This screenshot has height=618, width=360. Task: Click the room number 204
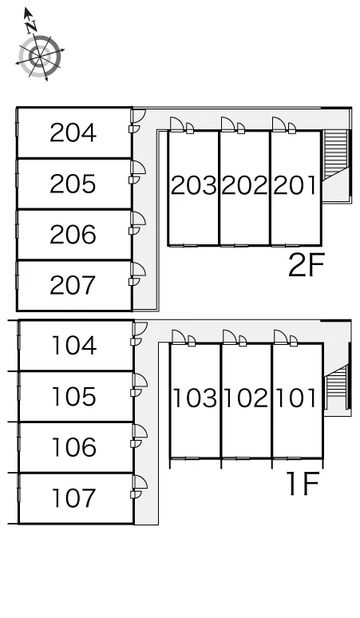(73, 133)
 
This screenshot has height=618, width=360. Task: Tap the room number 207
(73, 285)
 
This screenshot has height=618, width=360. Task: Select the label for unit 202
(244, 185)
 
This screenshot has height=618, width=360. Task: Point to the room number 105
(74, 397)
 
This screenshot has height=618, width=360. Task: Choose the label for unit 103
(195, 398)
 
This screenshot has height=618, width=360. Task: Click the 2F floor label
(306, 265)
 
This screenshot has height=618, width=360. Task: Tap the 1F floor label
(303, 484)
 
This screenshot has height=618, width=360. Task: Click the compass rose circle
(40, 56)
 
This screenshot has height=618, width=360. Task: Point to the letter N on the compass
(31, 26)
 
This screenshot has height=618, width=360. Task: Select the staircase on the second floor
(336, 155)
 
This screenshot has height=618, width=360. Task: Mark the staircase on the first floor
(336, 387)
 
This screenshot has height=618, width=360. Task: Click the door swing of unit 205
(139, 168)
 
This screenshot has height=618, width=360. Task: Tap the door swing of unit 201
(279, 124)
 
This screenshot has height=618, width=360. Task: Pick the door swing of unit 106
(140, 431)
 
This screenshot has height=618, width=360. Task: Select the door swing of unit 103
(179, 337)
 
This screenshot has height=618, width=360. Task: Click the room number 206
(73, 235)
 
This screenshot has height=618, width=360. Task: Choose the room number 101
(296, 398)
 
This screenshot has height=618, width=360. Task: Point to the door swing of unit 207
(139, 270)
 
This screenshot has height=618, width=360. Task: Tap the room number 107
(74, 498)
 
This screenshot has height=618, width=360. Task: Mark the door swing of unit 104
(140, 329)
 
